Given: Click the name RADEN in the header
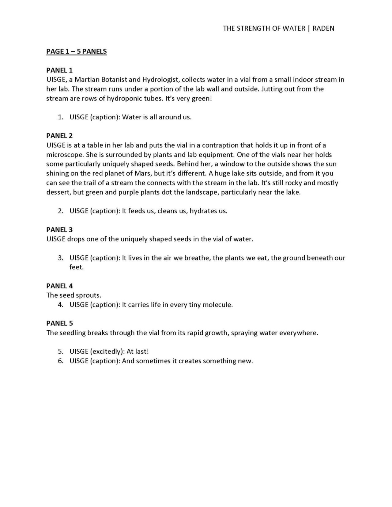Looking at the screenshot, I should pyautogui.click(x=323, y=28).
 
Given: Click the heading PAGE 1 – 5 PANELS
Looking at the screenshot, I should pyautogui.click(x=77, y=51).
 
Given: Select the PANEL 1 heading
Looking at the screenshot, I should pyautogui.click(x=59, y=70).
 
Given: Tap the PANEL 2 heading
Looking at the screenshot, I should pyautogui.click(x=59, y=136).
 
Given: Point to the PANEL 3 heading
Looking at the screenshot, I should pyautogui.click(x=59, y=230).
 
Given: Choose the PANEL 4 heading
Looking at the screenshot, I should pyautogui.click(x=59, y=286).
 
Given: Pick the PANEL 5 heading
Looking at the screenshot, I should pyautogui.click(x=59, y=323).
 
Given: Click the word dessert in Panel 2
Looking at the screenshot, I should pyautogui.click(x=58, y=192).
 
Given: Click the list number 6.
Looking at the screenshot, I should pyautogui.click(x=60, y=361).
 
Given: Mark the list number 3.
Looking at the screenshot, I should pyautogui.click(x=60, y=258).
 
